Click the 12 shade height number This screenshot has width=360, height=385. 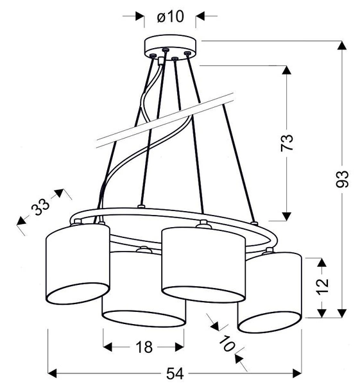coord(322,282)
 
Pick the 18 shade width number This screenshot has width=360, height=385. coord(144,347)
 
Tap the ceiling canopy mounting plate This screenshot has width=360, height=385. coord(170,46)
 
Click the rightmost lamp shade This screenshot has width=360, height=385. coord(270,292)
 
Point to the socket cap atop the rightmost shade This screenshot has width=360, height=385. coord(268,251)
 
